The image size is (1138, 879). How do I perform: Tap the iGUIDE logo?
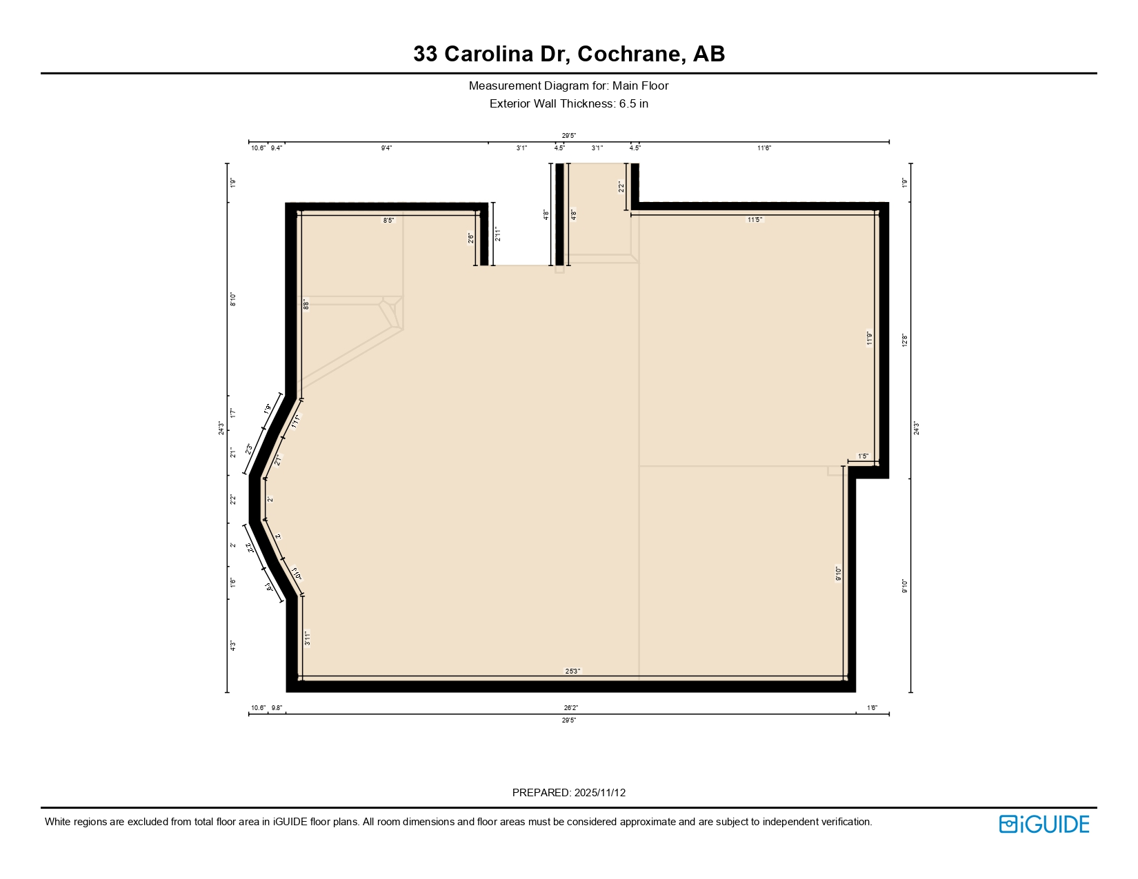(x=1044, y=824)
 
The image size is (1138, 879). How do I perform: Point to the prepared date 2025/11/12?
(x=599, y=793)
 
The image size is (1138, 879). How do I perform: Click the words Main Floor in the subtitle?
(x=640, y=86)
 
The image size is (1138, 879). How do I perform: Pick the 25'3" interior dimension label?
(x=572, y=671)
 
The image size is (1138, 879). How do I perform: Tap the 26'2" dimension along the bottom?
(x=570, y=708)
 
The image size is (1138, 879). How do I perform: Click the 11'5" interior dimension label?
(x=755, y=220)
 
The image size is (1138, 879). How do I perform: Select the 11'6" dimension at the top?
(x=763, y=148)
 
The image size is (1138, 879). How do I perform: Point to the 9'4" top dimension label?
(x=386, y=148)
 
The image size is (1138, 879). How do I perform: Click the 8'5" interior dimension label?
(x=389, y=221)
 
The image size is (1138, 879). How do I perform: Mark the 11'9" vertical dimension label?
(x=870, y=338)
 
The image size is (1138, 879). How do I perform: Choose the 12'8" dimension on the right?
(x=905, y=341)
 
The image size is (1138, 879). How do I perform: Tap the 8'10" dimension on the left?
(x=233, y=299)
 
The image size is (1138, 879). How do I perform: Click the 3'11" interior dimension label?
(x=308, y=638)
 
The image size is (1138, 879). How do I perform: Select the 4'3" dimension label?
(x=233, y=646)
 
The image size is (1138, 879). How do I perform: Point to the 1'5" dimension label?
(x=863, y=456)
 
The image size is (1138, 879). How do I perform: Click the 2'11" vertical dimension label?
(x=497, y=234)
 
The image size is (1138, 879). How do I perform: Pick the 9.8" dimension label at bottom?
(x=277, y=708)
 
